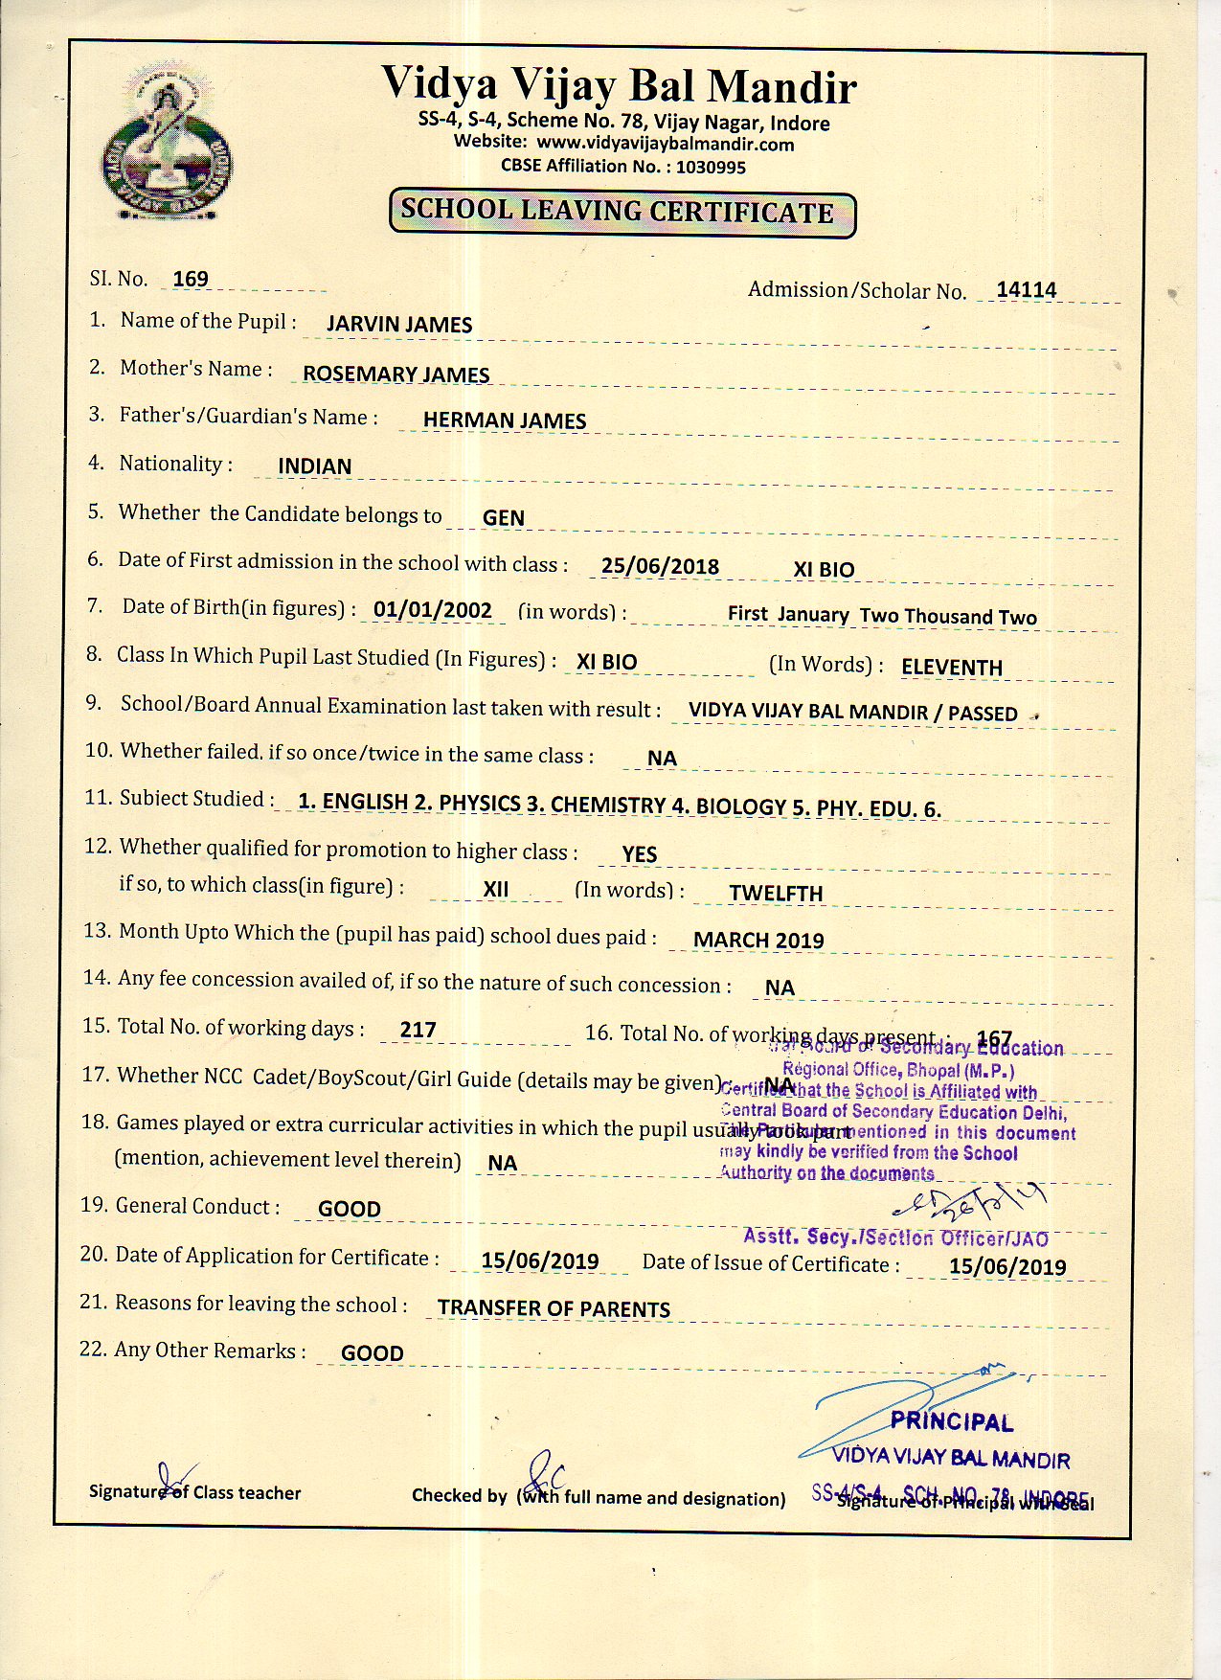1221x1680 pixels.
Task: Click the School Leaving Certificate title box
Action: (622, 213)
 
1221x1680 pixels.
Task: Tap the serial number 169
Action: (191, 279)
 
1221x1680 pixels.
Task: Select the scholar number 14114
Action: (1026, 290)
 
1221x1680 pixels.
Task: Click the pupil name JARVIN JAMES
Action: (399, 325)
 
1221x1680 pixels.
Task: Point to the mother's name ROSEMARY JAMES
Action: (396, 375)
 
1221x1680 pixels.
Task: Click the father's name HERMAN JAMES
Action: (505, 420)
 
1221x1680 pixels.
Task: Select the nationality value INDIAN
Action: (315, 466)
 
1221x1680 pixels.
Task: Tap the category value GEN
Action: (504, 518)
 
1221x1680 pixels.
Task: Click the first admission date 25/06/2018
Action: (660, 566)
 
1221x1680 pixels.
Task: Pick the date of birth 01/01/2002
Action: (433, 610)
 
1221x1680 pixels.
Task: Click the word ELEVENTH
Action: (952, 668)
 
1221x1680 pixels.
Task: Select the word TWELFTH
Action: (776, 894)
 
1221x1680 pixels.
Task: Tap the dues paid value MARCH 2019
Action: (758, 941)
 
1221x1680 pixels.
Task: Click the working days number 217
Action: (418, 1030)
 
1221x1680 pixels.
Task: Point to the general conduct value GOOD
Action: (350, 1209)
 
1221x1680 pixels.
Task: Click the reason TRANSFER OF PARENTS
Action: (554, 1308)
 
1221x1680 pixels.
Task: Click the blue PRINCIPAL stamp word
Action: (951, 1422)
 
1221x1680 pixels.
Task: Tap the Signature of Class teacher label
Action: (195, 1492)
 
